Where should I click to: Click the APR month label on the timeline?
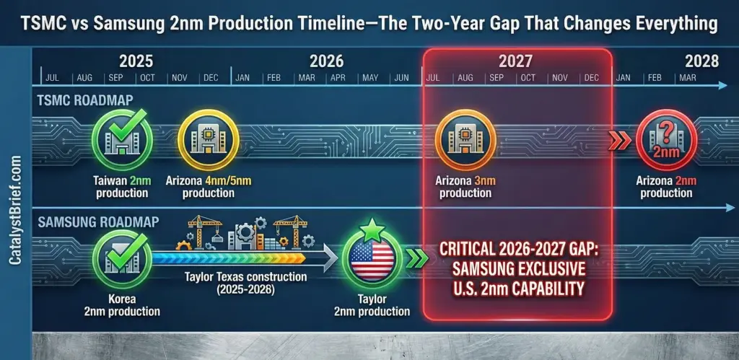(x=338, y=78)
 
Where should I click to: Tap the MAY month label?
(x=370, y=78)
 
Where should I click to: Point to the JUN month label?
(x=401, y=78)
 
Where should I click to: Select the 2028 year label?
(x=701, y=61)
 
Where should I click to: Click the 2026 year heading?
(x=327, y=61)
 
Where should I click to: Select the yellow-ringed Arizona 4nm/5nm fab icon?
(x=209, y=139)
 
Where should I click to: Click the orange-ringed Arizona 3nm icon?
(x=465, y=139)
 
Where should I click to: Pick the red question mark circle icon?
(x=666, y=139)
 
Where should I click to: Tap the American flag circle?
(x=372, y=260)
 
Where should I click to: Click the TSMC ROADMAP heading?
(x=85, y=100)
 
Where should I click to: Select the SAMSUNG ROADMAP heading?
(x=98, y=221)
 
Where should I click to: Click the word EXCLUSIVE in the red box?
(x=543, y=269)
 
